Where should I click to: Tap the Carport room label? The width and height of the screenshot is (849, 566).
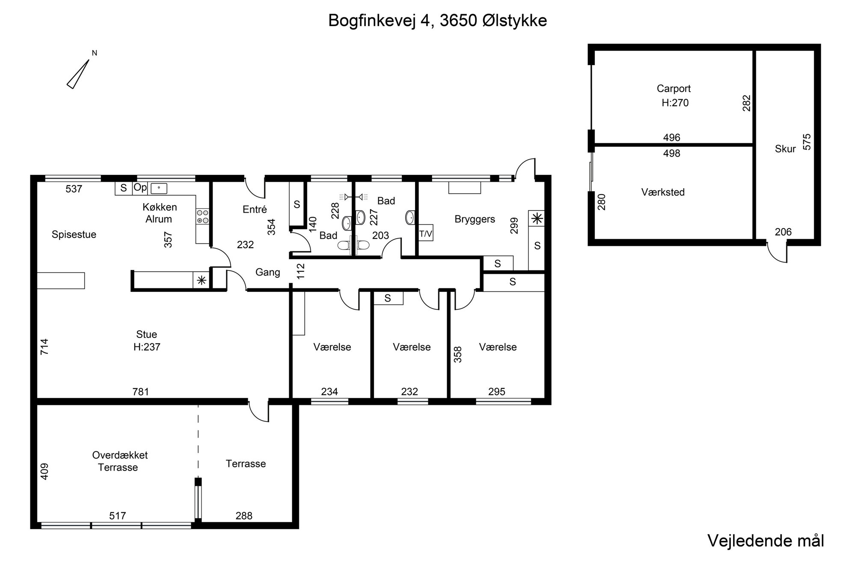(x=674, y=89)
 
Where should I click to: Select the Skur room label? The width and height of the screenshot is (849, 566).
(x=785, y=149)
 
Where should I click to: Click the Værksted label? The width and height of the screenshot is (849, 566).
(x=663, y=192)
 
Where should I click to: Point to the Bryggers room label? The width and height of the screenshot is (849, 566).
(x=475, y=219)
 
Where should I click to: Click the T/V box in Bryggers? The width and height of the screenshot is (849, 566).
(x=426, y=234)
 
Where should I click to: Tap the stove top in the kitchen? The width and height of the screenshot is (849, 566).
(x=202, y=216)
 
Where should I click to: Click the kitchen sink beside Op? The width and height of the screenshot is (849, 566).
(x=159, y=188)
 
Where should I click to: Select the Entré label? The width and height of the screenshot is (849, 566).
(x=255, y=209)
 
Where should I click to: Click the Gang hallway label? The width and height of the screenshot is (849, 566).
(x=268, y=272)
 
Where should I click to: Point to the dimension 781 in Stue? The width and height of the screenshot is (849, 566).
(x=141, y=391)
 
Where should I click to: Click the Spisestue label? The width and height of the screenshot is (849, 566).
(x=74, y=234)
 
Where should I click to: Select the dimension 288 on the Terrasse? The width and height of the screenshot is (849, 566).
(x=244, y=516)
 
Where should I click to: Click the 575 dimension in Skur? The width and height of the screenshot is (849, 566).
(x=806, y=142)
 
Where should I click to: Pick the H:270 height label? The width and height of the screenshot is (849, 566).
(x=675, y=103)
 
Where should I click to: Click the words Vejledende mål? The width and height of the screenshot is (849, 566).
(x=766, y=541)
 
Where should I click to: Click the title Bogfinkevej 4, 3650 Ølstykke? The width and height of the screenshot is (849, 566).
(x=437, y=21)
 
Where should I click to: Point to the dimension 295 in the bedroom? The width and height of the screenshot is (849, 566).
(x=497, y=391)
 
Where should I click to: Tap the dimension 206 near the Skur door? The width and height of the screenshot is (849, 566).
(x=783, y=232)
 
